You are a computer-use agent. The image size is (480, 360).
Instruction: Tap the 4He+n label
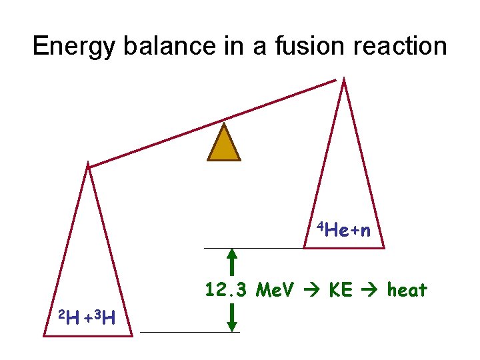click(344, 231)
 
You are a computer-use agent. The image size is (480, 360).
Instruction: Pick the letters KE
click(341, 290)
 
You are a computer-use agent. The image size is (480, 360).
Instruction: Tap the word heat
click(407, 290)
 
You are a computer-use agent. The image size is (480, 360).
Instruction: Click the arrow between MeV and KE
click(311, 291)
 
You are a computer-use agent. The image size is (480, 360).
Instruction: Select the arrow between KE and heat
click(371, 291)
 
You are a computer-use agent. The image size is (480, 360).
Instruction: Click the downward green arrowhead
click(232, 325)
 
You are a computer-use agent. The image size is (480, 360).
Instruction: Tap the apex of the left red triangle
click(87, 164)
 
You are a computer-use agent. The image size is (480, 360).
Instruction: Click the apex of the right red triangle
click(343, 81)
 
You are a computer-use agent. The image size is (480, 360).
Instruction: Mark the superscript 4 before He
click(320, 227)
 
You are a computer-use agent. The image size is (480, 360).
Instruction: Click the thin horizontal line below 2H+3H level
click(189, 331)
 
